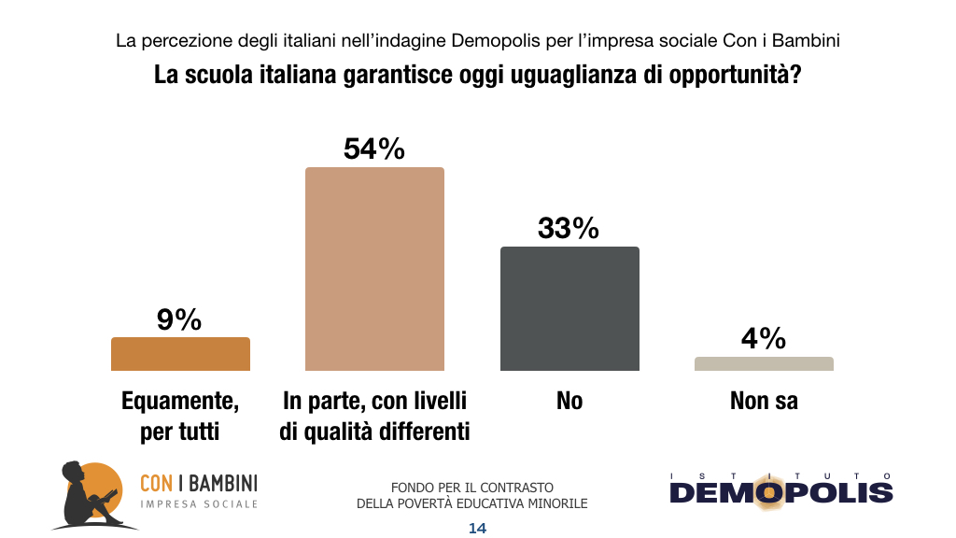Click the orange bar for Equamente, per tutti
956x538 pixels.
coord(180,354)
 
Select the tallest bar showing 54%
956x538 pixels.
coord(375,269)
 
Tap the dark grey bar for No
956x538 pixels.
coord(569,308)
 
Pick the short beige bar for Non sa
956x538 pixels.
coord(764,363)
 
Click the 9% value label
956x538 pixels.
coord(179,320)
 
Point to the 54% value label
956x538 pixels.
coord(374,149)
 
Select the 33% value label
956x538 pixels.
coord(569,229)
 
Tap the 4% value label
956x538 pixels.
coord(764,338)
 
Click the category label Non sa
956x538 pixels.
coord(764,402)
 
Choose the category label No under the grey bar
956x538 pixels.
coord(569,402)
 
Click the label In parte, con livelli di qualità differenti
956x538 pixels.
coord(375,417)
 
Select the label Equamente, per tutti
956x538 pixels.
coord(180,417)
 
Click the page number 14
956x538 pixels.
coord(477,528)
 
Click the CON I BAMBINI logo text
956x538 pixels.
coord(198,483)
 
